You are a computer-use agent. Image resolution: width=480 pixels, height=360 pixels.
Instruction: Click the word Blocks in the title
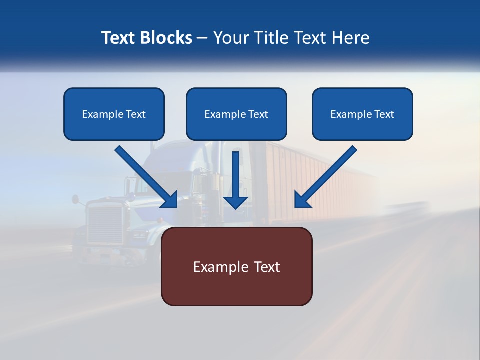pos(166,38)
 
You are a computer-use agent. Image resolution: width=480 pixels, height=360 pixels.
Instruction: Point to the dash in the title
pos(202,38)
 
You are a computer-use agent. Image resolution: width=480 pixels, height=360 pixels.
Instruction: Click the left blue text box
pos(114,114)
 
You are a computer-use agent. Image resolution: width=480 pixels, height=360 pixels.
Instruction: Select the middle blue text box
pos(236,114)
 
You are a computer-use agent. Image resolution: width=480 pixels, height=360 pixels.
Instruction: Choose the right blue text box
pos(362,114)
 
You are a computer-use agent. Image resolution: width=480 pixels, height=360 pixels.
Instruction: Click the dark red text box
pos(236,266)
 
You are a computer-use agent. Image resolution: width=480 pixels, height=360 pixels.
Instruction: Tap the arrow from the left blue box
pos(146,177)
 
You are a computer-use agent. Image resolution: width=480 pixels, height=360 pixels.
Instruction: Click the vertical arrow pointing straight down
pos(235,180)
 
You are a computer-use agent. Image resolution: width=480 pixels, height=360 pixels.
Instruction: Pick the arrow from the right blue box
pos(325,177)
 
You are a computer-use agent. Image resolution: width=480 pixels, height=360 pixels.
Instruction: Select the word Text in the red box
pos(267,267)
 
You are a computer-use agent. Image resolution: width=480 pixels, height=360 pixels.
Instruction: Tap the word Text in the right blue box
pos(384,114)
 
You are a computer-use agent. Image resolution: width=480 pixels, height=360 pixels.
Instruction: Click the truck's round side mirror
pos(75,200)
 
